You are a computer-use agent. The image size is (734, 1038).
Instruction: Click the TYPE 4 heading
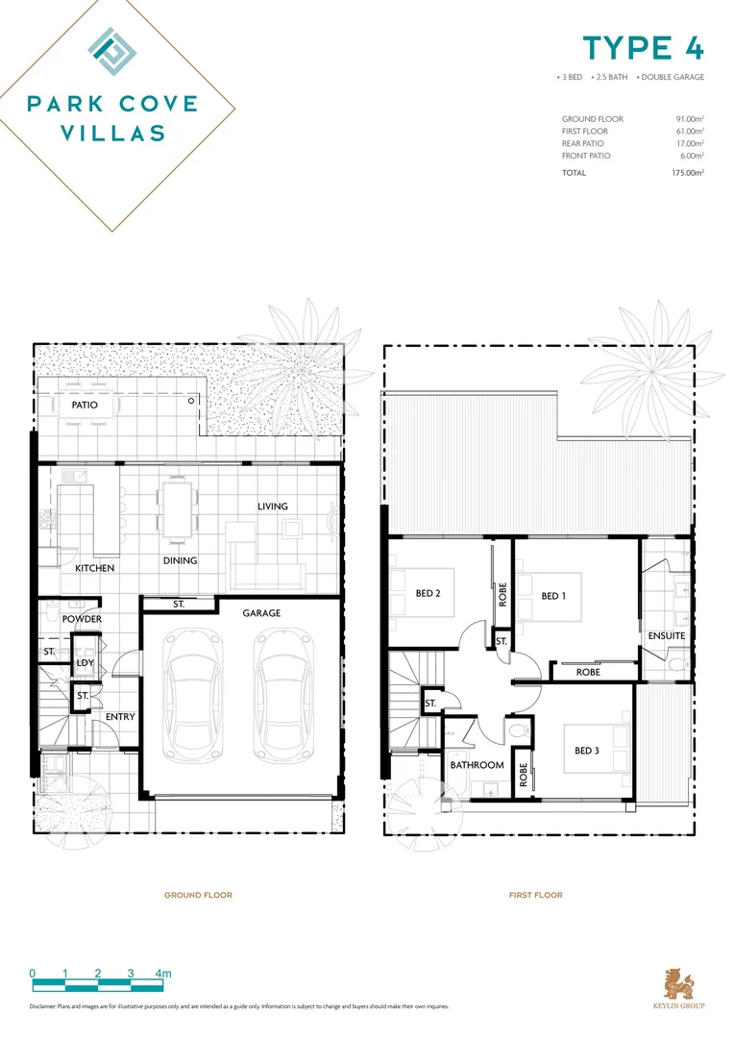tap(643, 48)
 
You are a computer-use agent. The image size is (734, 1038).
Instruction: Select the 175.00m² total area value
tap(687, 173)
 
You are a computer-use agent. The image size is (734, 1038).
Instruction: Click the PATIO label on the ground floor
tap(85, 405)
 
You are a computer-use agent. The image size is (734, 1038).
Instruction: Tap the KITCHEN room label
tap(95, 568)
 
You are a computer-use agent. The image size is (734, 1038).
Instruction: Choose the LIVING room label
tap(272, 507)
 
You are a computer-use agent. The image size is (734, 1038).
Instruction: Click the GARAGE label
tap(261, 612)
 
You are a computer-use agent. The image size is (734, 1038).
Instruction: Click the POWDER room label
tap(83, 619)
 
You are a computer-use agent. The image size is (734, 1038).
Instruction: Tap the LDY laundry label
tap(85, 664)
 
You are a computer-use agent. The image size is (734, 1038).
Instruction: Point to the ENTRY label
tap(120, 717)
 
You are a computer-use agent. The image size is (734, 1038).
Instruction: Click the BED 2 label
tap(428, 593)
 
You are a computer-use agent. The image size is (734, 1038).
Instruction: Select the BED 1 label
tap(554, 596)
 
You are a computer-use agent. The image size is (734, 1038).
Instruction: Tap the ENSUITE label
tap(667, 635)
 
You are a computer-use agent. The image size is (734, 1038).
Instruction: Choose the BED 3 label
tap(587, 751)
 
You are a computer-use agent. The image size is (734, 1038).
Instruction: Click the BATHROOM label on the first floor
tap(477, 765)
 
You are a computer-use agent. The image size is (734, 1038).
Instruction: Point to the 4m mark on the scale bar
tap(164, 974)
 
